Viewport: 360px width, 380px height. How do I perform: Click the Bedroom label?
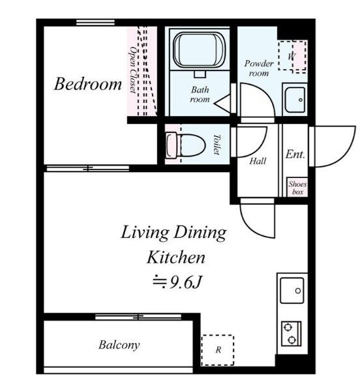(x=87, y=84)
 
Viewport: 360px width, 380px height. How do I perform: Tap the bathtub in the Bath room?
(x=200, y=50)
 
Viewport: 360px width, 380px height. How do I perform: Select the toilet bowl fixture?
(x=186, y=145)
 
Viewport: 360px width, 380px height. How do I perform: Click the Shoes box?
(x=297, y=187)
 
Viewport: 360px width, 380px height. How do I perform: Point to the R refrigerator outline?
(x=218, y=350)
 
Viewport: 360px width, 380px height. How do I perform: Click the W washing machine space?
(x=292, y=56)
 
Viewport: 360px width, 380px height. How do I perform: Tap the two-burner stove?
(x=291, y=334)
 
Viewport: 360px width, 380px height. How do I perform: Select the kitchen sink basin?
(x=292, y=290)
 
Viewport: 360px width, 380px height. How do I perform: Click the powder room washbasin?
(x=295, y=100)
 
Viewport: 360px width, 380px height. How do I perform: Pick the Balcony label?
(x=119, y=345)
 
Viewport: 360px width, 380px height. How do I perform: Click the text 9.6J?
(x=185, y=282)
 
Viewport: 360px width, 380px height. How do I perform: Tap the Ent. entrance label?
(x=295, y=154)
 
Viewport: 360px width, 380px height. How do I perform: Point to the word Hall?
(x=258, y=161)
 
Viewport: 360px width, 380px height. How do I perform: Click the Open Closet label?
(x=133, y=70)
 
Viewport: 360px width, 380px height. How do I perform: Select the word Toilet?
(x=217, y=145)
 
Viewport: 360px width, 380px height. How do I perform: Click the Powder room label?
(x=259, y=68)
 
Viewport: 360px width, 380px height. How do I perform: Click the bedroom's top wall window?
(x=95, y=22)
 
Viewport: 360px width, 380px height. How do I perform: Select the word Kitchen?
(x=176, y=257)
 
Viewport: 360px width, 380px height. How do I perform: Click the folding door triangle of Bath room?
(x=222, y=104)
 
